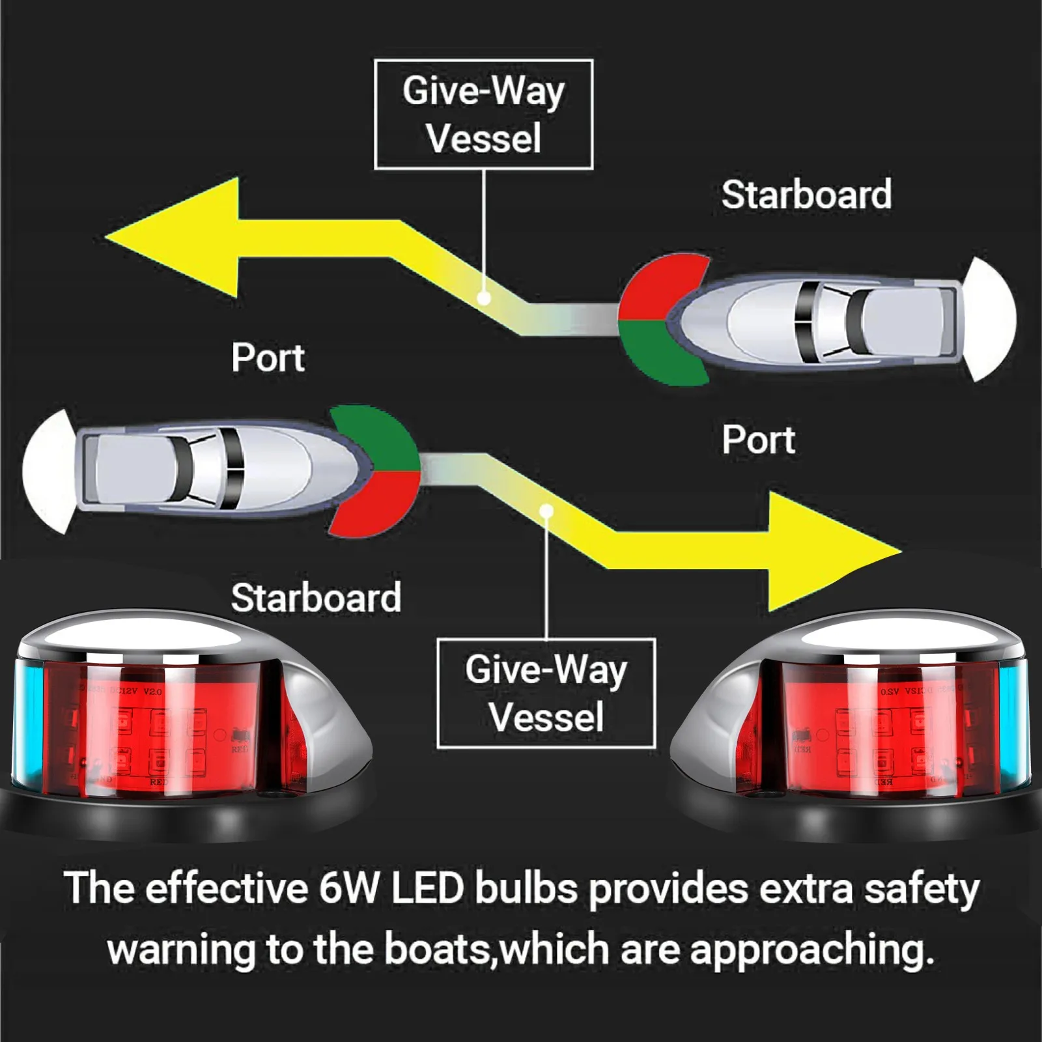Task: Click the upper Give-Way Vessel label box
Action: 483,115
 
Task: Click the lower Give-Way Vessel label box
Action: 546,693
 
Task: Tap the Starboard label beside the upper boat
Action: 806,195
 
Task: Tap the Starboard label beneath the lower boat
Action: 316,598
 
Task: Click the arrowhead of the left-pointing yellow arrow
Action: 176,238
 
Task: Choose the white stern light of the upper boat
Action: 993,319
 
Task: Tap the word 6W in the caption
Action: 348,889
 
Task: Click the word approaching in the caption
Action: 811,950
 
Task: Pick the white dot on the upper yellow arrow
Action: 484,298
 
